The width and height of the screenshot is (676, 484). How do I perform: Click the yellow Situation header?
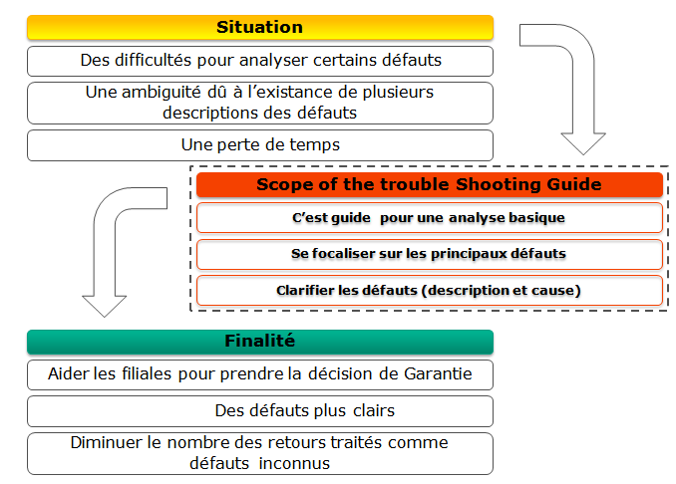point(260,27)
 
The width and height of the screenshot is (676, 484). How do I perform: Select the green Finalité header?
point(260,342)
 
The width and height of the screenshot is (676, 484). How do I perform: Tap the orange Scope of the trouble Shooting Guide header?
point(430,184)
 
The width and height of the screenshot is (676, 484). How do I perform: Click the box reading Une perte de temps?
point(260,145)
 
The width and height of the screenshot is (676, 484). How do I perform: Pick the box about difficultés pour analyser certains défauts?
point(260,61)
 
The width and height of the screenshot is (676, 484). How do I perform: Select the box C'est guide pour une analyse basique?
point(430,218)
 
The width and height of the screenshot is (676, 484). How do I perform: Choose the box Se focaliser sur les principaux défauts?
point(430,254)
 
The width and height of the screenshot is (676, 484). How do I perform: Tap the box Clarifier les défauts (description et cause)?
point(430,291)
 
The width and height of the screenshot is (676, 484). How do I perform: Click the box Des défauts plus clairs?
point(260,411)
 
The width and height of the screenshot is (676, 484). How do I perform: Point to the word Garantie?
point(438,373)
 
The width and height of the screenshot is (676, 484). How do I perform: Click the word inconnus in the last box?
point(294,464)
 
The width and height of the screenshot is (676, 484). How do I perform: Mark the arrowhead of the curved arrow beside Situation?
point(583,143)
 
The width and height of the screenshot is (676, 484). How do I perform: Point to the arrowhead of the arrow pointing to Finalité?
point(105,307)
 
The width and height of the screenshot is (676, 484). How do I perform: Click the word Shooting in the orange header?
point(499,184)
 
